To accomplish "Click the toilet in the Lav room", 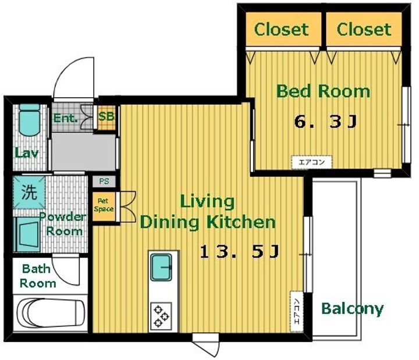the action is click(30, 120).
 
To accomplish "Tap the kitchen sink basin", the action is click(161, 267).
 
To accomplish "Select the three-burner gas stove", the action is click(161, 316).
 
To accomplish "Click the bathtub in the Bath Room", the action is click(51, 312).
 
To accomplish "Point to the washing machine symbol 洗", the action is click(29, 193).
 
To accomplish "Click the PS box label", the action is click(104, 181).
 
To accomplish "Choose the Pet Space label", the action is click(104, 205).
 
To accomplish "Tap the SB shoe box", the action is click(106, 117).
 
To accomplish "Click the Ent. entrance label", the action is click(65, 118).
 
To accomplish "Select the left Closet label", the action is click(282, 29).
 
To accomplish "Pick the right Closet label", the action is click(364, 29).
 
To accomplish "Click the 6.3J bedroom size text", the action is click(325, 122).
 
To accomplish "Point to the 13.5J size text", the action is click(240, 252).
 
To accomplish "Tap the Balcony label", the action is click(353, 309).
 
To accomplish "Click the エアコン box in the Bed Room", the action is click(311, 162).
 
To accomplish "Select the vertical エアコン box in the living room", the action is click(297, 311).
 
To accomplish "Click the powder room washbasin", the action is click(27, 234).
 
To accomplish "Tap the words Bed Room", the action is click(324, 91).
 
